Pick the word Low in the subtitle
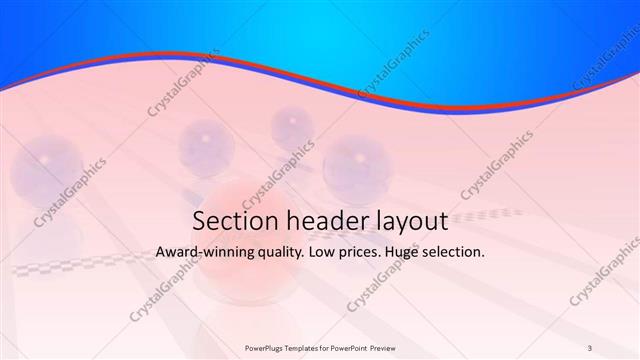point(336,253)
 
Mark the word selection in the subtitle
point(466,253)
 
